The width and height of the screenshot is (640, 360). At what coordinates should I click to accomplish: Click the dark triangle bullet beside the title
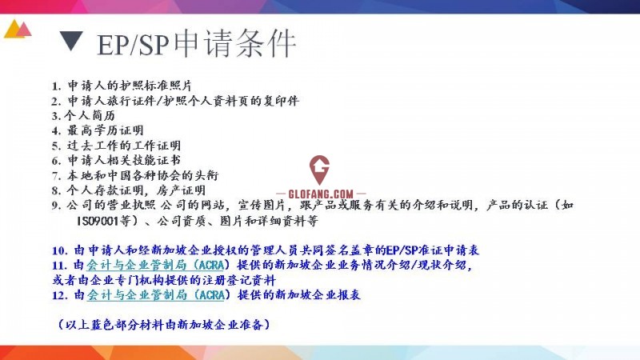pyautogui.click(x=71, y=40)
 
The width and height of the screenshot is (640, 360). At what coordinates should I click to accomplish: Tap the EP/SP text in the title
pyautogui.click(x=133, y=44)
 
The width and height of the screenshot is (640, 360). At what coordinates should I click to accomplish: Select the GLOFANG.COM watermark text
pyautogui.click(x=321, y=194)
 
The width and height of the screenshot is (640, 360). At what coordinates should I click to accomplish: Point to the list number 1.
pyautogui.click(x=56, y=86)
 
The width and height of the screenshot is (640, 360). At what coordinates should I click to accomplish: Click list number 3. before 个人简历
pyautogui.click(x=56, y=116)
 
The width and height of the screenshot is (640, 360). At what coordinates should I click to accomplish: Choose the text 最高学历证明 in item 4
pyautogui.click(x=106, y=130)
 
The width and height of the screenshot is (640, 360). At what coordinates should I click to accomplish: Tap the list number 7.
pyautogui.click(x=56, y=176)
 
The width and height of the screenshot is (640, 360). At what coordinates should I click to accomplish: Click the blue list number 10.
pyautogui.click(x=59, y=250)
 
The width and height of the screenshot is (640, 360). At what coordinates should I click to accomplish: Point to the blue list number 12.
pyautogui.click(x=59, y=295)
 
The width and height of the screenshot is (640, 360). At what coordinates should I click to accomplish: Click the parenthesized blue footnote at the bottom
pyautogui.click(x=164, y=325)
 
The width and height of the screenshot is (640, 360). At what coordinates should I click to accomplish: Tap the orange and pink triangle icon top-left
pyautogui.click(x=18, y=29)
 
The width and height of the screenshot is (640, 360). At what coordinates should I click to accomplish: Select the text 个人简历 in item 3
pyautogui.click(x=90, y=115)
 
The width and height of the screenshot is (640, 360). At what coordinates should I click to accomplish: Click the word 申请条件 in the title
pyautogui.click(x=235, y=42)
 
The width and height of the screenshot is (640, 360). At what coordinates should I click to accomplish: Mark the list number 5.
pyautogui.click(x=56, y=146)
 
